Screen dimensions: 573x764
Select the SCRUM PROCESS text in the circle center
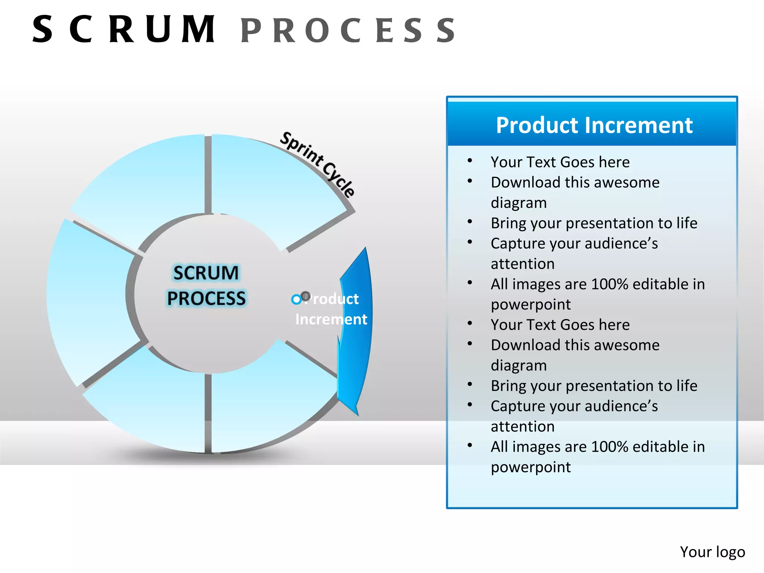tap(206, 285)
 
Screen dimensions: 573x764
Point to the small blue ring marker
tap(296, 299)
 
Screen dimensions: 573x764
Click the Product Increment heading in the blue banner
tap(594, 125)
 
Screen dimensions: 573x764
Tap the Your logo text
tap(712, 552)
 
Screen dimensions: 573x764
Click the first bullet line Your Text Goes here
tap(560, 162)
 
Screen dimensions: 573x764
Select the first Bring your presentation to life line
tap(594, 223)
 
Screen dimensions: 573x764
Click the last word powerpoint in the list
tap(530, 467)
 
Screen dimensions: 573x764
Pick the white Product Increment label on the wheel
tap(331, 309)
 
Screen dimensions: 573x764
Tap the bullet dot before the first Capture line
tap(470, 242)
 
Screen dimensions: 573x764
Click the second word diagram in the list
tap(519, 366)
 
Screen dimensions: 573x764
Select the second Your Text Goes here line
tap(560, 325)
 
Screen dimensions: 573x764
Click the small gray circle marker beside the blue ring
tap(306, 296)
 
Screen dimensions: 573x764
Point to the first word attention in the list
tap(522, 264)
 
